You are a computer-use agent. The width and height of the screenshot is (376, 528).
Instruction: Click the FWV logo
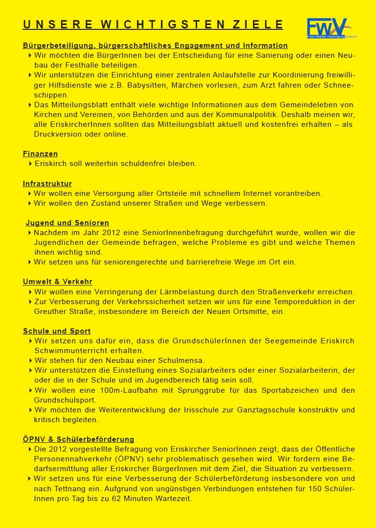pyautogui.click(x=327, y=28)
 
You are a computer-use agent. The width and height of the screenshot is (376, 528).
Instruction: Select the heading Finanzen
pyautogui.click(x=40, y=154)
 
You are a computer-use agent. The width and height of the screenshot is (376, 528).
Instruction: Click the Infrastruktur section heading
pyautogui.click(x=47, y=184)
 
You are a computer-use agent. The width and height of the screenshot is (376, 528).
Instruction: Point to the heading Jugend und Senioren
pyautogui.click(x=67, y=223)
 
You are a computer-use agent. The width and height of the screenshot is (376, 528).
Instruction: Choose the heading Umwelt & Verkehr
pyautogui.click(x=57, y=282)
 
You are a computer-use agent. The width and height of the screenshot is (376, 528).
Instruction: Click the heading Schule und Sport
pyautogui.click(x=56, y=331)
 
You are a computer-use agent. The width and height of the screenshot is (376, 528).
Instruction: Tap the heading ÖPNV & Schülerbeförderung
pyautogui.click(x=78, y=439)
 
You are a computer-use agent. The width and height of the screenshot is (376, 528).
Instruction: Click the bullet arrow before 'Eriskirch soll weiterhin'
pyautogui.click(x=31, y=164)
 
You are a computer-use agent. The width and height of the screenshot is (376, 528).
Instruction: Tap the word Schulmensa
pyautogui.click(x=183, y=360)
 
